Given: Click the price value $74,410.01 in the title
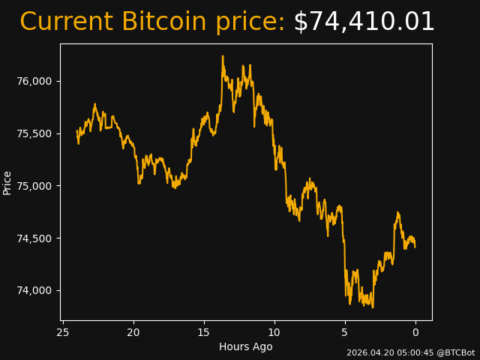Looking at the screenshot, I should point(364,22).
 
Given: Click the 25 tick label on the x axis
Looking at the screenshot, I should point(63,332).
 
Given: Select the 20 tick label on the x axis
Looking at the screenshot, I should point(133,332).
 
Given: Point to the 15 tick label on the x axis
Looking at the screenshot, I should point(204,332).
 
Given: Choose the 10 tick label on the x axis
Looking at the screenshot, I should point(274,332).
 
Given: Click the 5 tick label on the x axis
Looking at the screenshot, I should point(345,332).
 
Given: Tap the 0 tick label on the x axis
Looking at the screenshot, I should point(415,332).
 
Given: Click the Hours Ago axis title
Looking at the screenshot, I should point(246,346).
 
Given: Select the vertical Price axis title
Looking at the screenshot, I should point(7,182).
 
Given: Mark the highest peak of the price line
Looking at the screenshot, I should point(223,55).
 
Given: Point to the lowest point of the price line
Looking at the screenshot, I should point(373,307).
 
